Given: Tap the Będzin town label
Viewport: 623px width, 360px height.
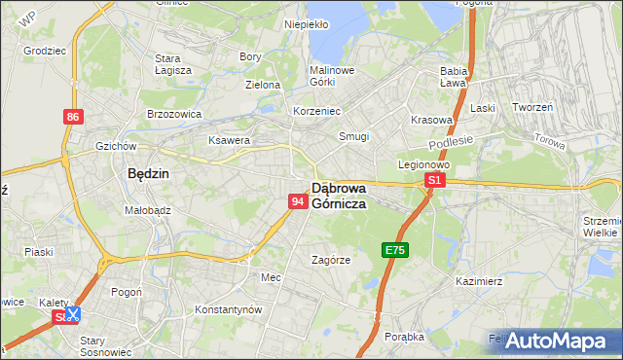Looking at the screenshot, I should click(x=149, y=173).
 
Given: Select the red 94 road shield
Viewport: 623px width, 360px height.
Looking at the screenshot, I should click(x=299, y=200).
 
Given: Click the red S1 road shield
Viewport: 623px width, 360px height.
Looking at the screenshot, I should click(x=435, y=180).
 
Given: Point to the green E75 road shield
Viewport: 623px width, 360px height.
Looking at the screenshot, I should click(x=394, y=250).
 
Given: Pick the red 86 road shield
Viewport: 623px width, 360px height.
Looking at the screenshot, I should click(x=73, y=117).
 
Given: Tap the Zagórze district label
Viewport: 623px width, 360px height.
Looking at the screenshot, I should click(x=331, y=260).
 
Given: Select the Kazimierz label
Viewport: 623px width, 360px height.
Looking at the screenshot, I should click(x=478, y=281).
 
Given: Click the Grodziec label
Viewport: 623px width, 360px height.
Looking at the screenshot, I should click(x=43, y=48).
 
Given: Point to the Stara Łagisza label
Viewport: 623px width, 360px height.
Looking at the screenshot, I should click(x=173, y=63).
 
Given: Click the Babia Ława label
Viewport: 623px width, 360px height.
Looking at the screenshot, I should click(x=455, y=77).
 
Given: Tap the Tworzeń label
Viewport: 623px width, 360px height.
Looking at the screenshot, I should click(x=532, y=107).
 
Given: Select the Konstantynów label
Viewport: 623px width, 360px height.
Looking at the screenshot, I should click(x=229, y=308).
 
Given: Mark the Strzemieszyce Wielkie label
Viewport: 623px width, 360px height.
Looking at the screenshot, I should click(x=601, y=227).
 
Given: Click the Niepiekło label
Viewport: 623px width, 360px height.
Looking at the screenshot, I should click(x=306, y=24).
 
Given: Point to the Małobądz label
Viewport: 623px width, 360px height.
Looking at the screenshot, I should click(x=148, y=209).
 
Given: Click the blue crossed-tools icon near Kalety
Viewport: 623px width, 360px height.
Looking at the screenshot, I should click(x=72, y=314).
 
